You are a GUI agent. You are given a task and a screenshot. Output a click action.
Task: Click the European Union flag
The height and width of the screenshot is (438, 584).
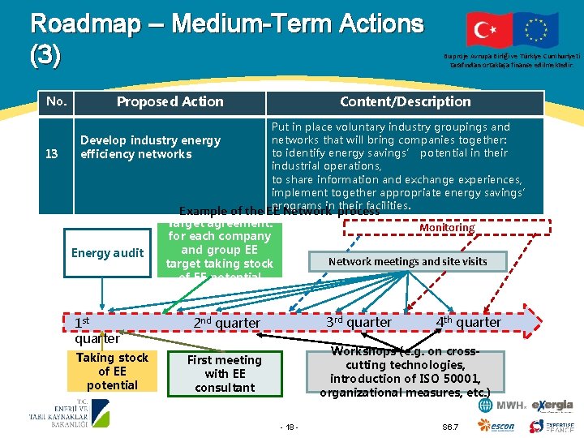pyautogui.click(x=535, y=31)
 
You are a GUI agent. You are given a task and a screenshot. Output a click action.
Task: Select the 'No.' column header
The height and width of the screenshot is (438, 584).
pyautogui.click(x=57, y=101)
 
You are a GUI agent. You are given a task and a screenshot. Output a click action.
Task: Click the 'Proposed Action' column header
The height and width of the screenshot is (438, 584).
pyautogui.click(x=170, y=101)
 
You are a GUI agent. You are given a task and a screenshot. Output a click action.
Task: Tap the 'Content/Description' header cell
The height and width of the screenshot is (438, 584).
pyautogui.click(x=405, y=101)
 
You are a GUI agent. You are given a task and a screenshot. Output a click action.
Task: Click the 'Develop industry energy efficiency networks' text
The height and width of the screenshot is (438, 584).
pyautogui.click(x=150, y=147)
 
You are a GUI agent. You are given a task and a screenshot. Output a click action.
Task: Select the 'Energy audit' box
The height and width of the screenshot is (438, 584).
pyautogui.click(x=107, y=252)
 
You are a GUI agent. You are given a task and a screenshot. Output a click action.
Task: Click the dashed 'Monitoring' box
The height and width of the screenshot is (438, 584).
pyautogui.click(x=447, y=228)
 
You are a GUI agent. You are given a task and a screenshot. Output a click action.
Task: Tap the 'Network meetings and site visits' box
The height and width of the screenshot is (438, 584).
pyautogui.click(x=419, y=261)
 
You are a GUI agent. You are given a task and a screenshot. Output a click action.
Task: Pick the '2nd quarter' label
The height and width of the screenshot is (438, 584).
pyautogui.click(x=226, y=323)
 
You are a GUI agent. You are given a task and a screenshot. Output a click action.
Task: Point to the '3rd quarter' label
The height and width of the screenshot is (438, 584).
pyautogui.click(x=359, y=322)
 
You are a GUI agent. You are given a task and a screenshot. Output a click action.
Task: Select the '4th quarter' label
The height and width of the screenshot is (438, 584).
pyautogui.click(x=468, y=322)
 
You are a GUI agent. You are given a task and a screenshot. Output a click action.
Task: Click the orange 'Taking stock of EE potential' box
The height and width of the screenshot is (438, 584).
pyautogui.click(x=112, y=371)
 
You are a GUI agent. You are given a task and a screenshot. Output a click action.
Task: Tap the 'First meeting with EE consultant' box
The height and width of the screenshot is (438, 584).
pyautogui.click(x=225, y=373)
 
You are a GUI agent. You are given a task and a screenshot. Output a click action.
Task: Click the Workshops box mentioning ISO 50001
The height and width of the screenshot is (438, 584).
pyautogui.click(x=406, y=372)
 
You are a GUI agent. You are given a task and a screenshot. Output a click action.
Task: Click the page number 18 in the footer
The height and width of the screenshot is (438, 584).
pyautogui.click(x=289, y=427)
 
